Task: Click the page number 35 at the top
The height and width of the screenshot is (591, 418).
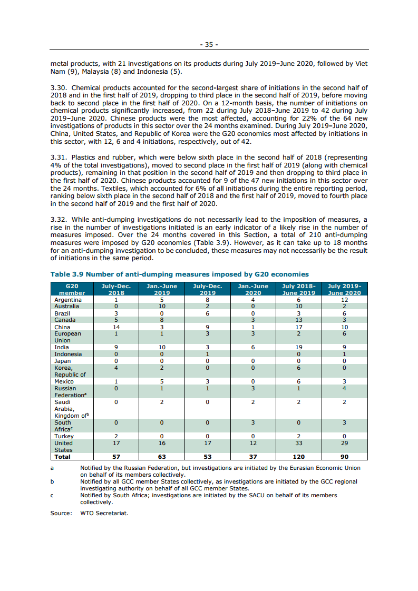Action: (209, 45)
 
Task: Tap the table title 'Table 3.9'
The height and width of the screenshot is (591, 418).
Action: (66, 274)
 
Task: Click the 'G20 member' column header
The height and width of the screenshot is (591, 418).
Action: (72, 289)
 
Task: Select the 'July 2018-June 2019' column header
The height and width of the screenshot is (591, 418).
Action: (299, 289)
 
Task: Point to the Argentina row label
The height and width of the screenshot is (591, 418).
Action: (68, 300)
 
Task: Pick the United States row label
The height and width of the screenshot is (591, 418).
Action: (64, 447)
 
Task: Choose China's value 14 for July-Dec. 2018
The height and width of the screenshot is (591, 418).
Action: (116, 327)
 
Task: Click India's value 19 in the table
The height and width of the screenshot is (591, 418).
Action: (299, 348)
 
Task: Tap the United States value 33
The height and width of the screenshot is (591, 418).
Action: (299, 444)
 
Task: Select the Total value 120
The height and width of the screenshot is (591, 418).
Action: (299, 457)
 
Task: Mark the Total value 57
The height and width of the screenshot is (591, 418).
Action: (116, 457)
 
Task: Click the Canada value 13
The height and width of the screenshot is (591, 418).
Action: (299, 320)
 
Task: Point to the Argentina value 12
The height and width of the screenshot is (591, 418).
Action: (345, 300)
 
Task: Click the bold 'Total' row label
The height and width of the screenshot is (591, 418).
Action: (63, 457)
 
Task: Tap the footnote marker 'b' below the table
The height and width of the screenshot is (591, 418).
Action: (52, 481)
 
